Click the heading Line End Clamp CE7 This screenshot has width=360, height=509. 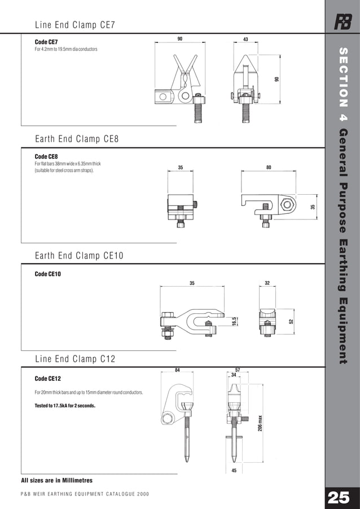(x=75, y=25)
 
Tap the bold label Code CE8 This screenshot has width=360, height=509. (x=46, y=156)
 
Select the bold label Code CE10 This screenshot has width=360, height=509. (x=47, y=274)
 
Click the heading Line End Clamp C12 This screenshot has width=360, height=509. (x=75, y=359)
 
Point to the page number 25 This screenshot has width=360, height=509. (x=339, y=498)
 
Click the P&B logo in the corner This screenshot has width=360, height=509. (x=342, y=23)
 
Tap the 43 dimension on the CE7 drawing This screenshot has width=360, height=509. (x=245, y=40)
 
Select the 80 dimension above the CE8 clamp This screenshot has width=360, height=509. (x=269, y=168)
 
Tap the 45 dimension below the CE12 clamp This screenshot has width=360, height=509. (x=234, y=471)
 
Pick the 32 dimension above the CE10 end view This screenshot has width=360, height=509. (x=267, y=283)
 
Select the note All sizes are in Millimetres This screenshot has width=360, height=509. (x=56, y=480)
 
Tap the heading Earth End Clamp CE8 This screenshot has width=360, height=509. (x=76, y=139)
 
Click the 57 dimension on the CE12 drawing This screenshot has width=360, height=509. (x=238, y=370)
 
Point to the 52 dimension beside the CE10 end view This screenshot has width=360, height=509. (x=291, y=321)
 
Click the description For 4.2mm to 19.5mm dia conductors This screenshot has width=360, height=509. (x=66, y=50)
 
